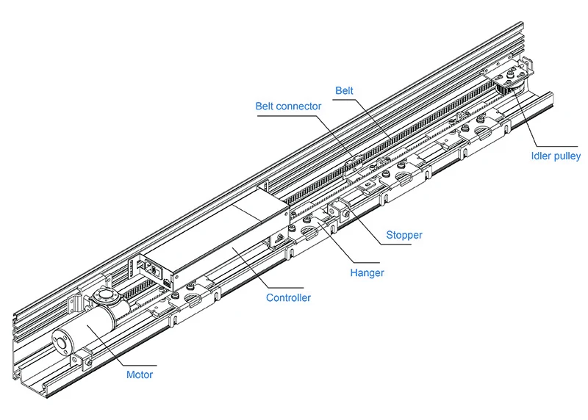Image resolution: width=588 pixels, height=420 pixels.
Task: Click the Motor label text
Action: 140,374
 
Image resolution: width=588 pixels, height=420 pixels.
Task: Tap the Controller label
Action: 288,297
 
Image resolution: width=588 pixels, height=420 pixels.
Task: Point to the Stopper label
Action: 404,235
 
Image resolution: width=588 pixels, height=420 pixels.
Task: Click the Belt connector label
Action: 288,106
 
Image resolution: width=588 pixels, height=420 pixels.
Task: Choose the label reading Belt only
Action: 344,91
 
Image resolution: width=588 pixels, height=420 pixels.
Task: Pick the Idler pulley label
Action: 556,156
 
